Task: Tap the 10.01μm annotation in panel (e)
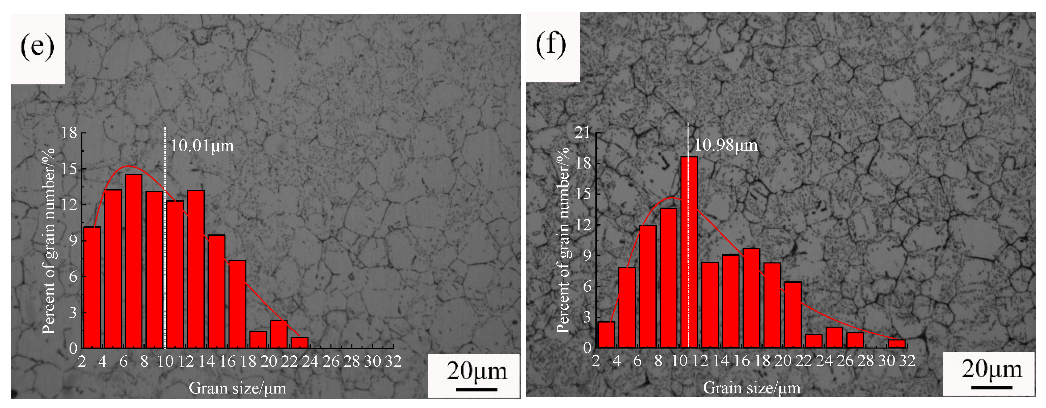click(202, 146)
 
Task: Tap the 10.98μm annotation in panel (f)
click(726, 145)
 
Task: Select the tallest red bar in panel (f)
click(689, 252)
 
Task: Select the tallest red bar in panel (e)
click(134, 261)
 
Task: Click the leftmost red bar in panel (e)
click(92, 287)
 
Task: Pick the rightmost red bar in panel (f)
click(896, 344)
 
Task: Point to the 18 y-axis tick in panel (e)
click(69, 132)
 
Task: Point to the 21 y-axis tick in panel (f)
click(582, 132)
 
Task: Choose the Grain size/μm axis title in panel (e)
click(238, 388)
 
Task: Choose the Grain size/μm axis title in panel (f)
click(752, 388)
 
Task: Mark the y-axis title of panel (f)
click(563, 240)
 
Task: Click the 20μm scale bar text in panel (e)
click(477, 372)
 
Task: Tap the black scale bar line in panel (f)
click(991, 387)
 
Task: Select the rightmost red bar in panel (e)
click(299, 342)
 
